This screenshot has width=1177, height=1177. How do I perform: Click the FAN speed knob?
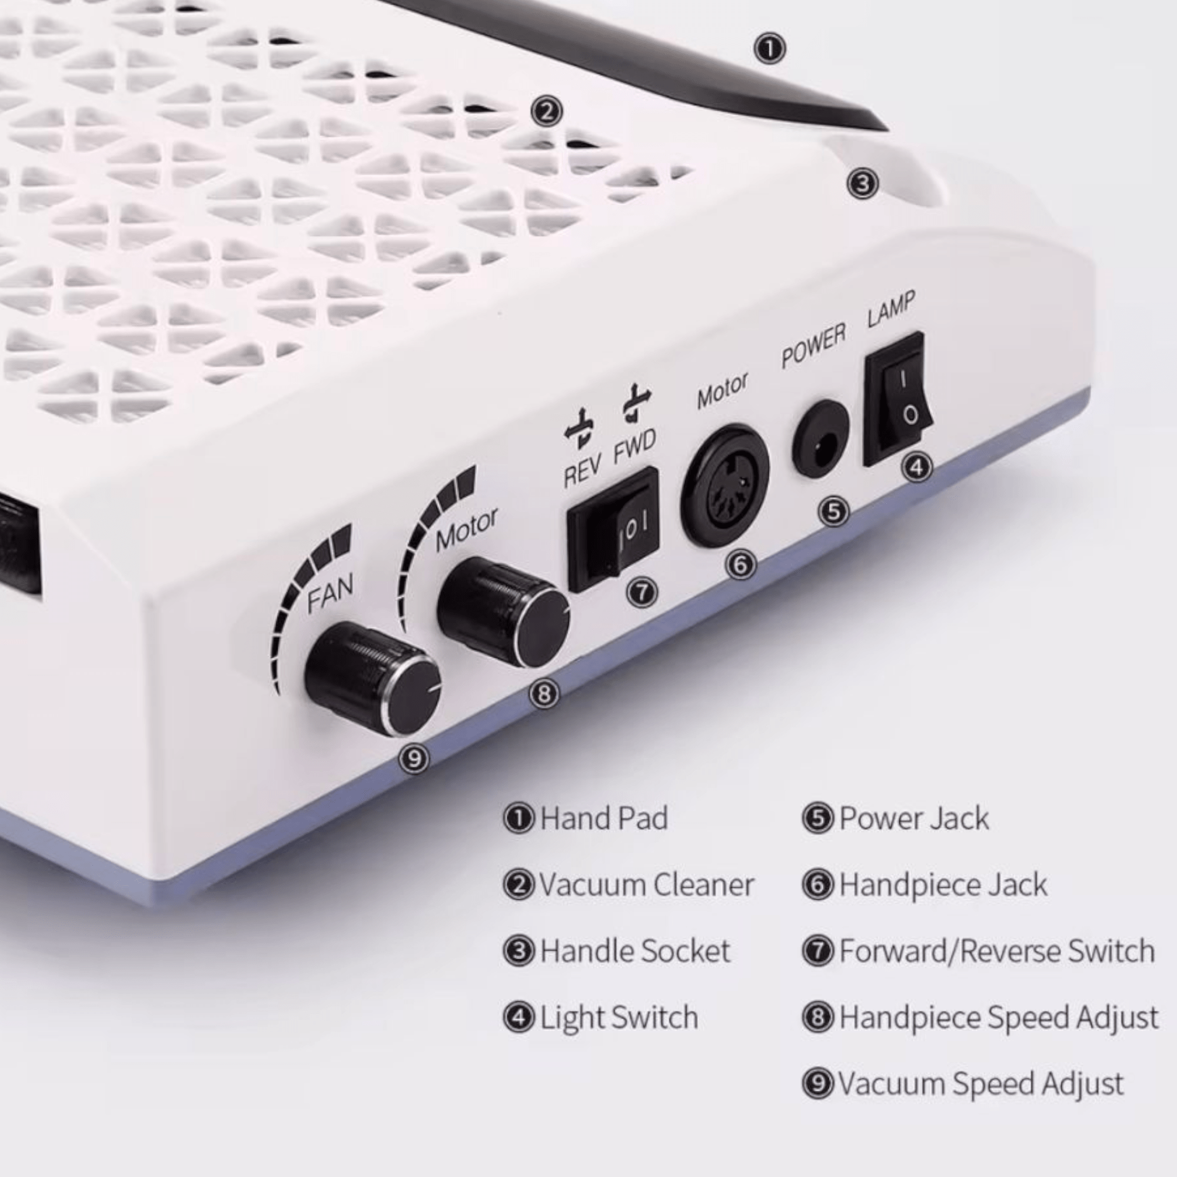point(373,679)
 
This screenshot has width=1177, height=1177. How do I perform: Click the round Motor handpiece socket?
point(724,486)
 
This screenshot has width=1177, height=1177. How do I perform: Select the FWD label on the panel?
point(634,447)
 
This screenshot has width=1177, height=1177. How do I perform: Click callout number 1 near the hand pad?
point(769,49)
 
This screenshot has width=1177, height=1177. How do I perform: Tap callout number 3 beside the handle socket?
point(863,184)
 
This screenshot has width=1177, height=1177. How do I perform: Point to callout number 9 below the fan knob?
point(414,759)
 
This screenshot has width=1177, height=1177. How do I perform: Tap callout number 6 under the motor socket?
point(740,565)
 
